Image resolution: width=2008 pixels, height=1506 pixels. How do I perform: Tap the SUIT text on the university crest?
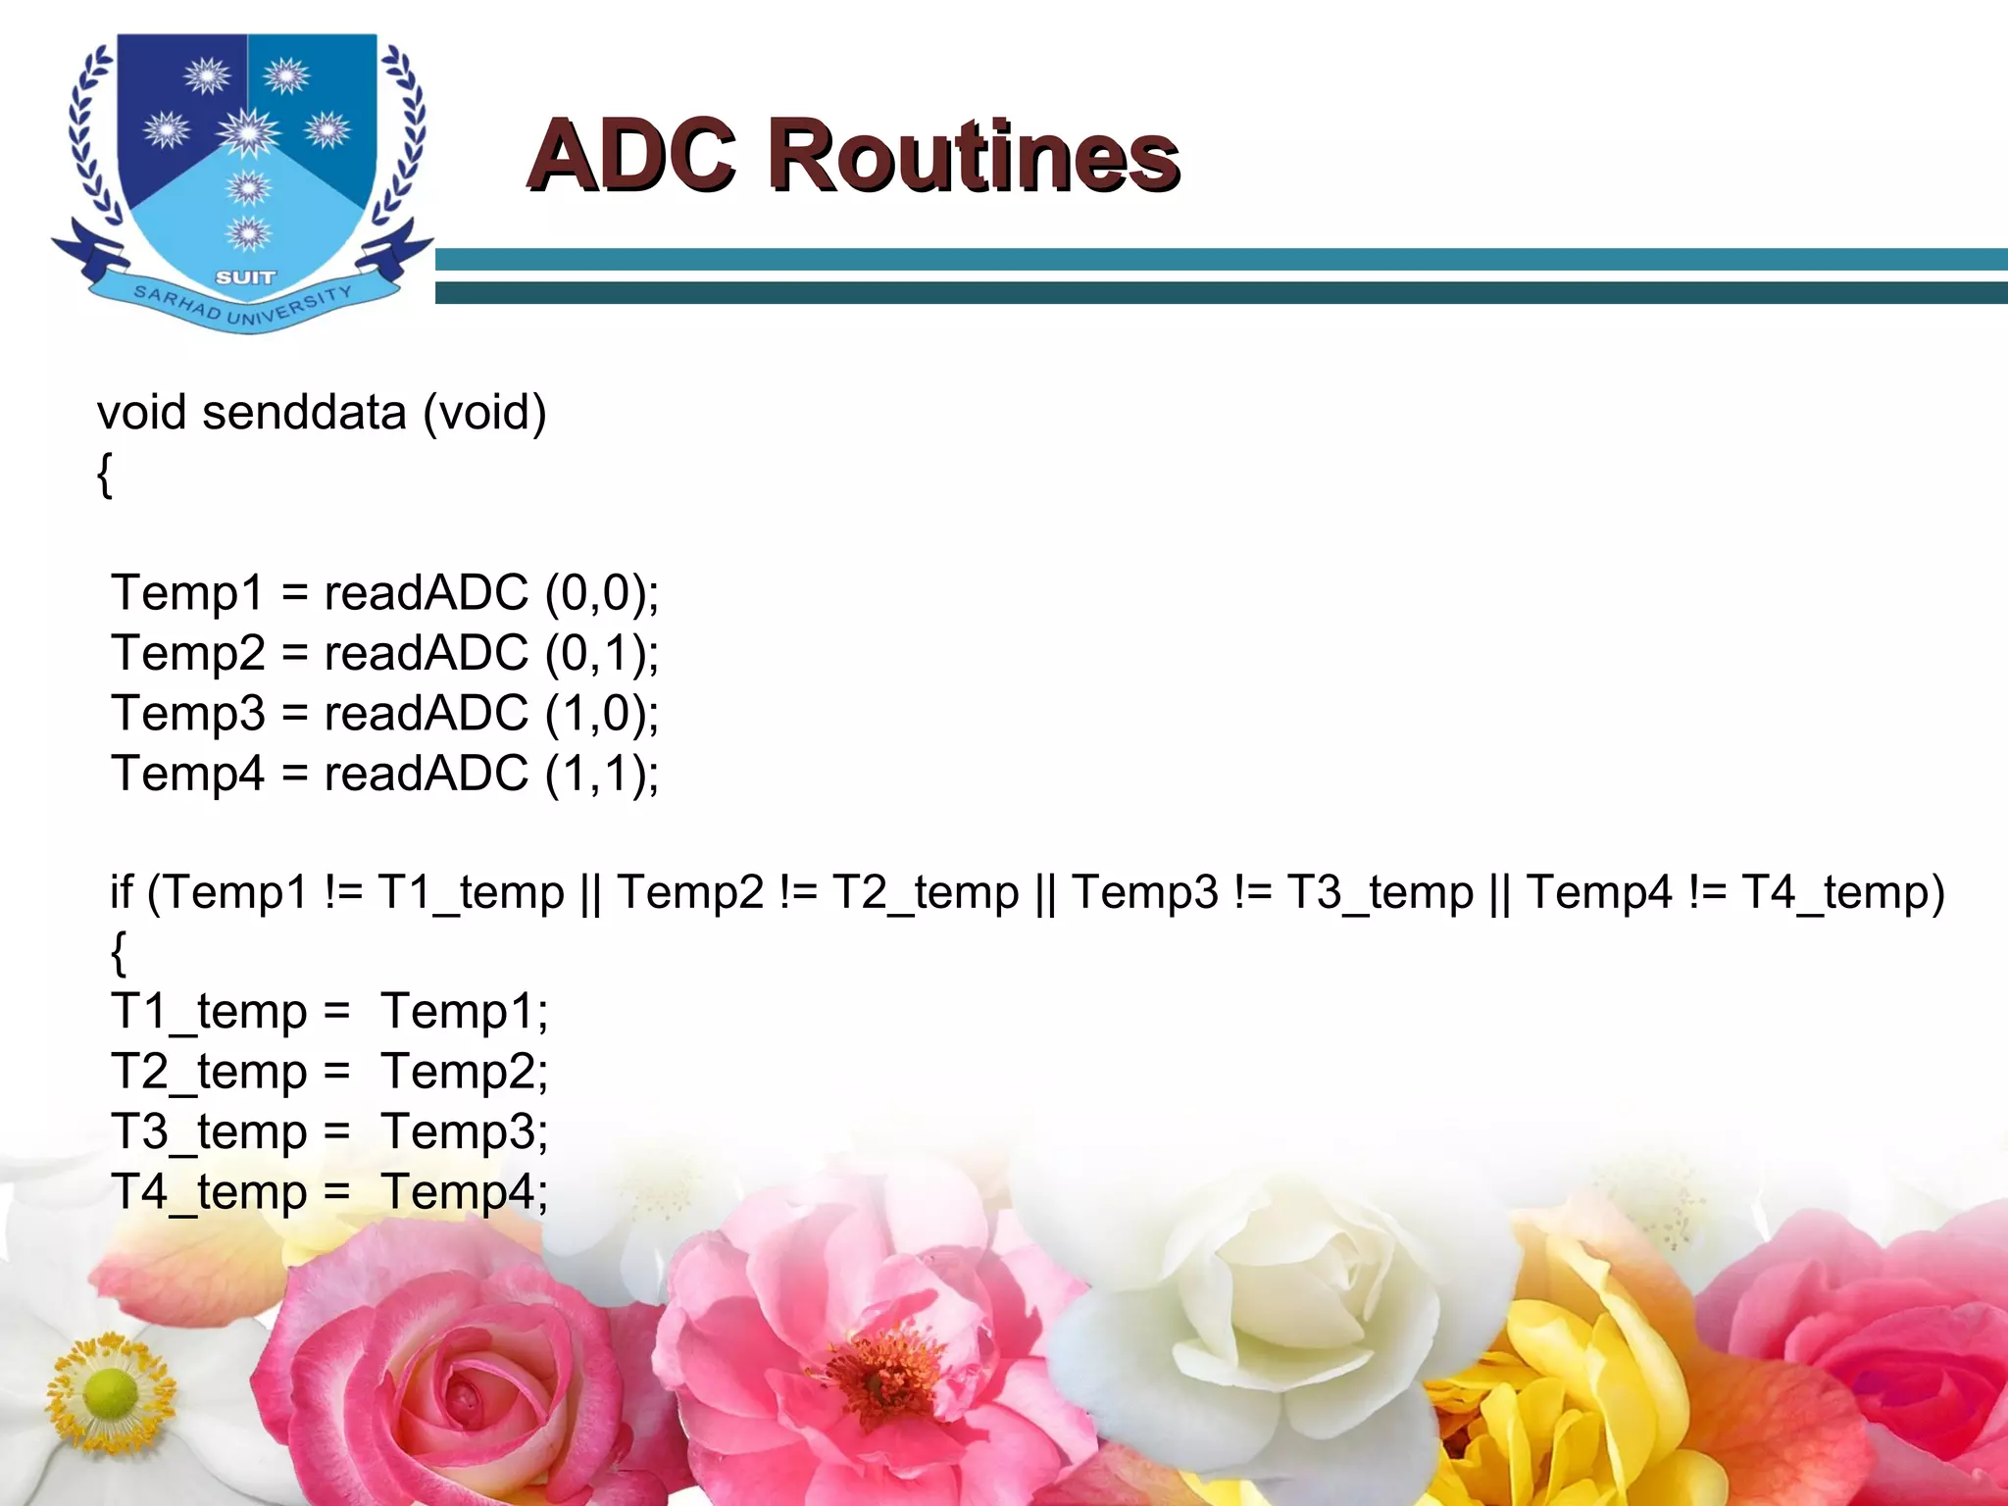pos(245,277)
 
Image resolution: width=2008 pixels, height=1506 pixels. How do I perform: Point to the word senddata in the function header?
pos(304,412)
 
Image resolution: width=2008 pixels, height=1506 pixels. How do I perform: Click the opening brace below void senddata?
pos(105,475)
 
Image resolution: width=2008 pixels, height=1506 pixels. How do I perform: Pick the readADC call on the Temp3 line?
pos(427,713)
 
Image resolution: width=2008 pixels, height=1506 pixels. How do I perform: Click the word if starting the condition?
pos(121,892)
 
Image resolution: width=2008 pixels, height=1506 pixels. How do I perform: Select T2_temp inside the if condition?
pos(926,892)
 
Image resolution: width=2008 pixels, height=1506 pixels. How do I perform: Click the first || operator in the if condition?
pos(590,892)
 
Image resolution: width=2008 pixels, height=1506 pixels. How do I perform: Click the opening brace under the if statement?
pos(119,952)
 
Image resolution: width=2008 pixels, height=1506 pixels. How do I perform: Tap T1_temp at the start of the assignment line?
pos(209,1012)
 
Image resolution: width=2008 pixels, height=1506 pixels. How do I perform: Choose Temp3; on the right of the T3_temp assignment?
pos(465,1131)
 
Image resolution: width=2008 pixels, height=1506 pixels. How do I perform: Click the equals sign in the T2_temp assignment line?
pos(336,1072)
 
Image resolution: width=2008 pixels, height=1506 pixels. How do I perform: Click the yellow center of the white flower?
pos(110,1393)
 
